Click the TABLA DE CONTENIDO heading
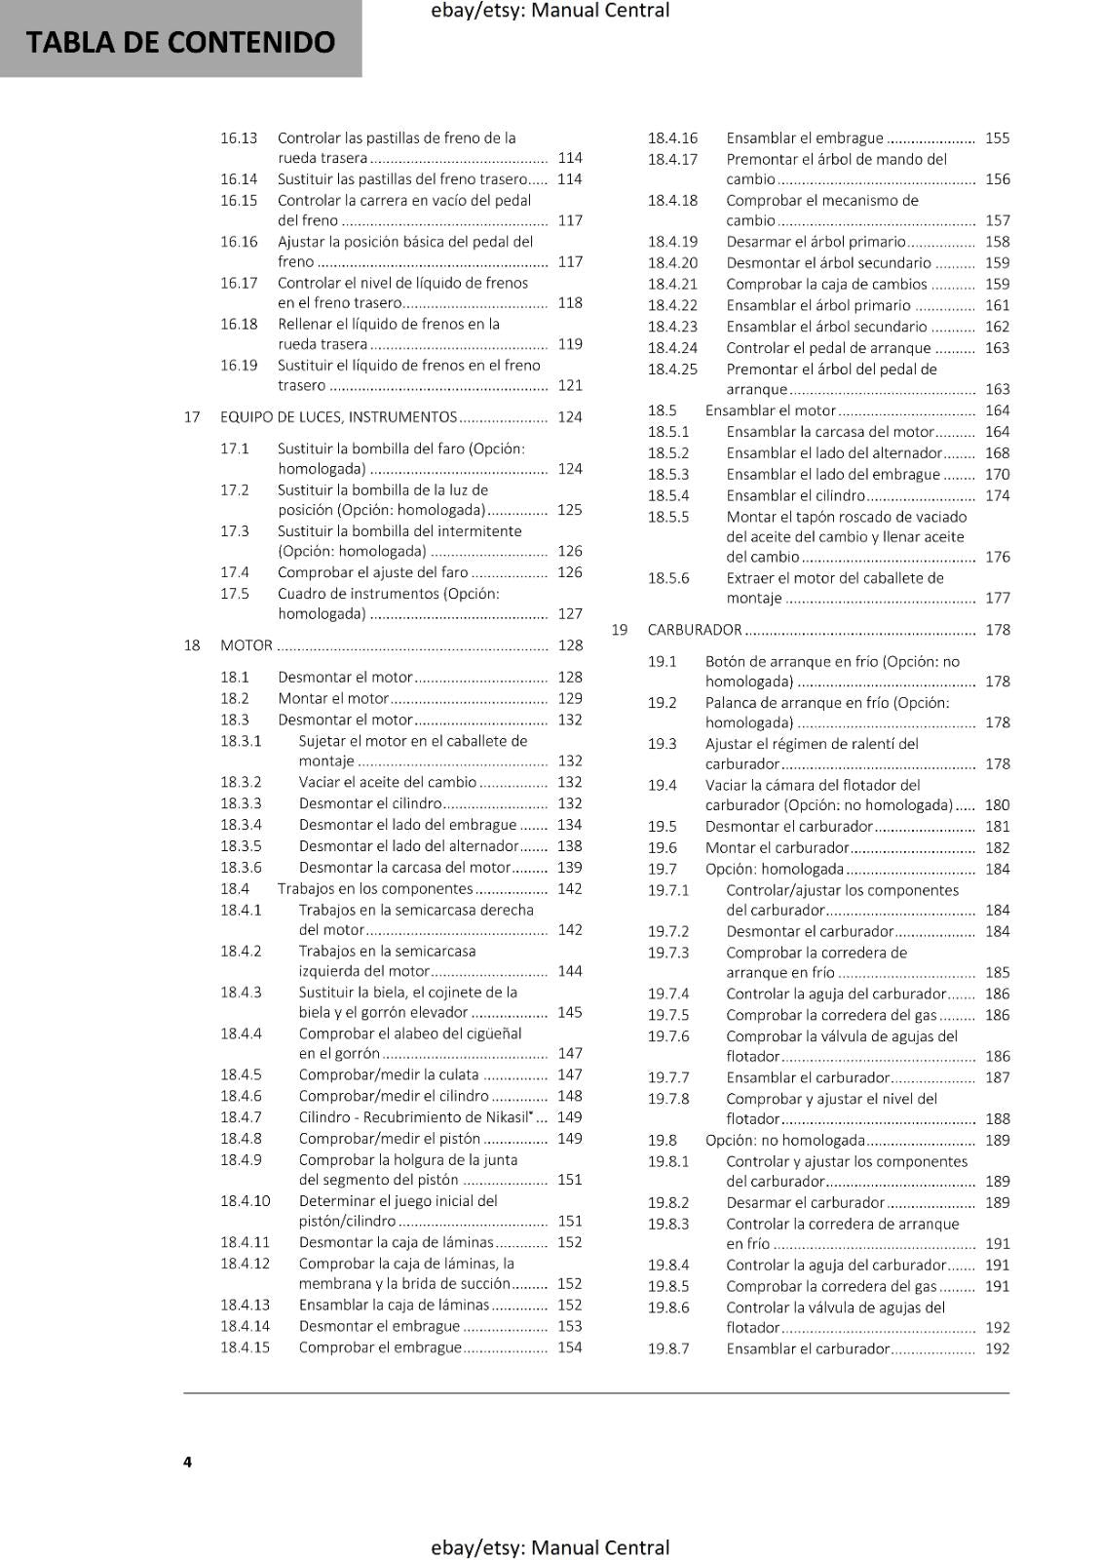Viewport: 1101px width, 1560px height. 180,42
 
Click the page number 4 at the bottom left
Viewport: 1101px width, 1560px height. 187,1462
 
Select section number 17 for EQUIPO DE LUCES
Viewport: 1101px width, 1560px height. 192,417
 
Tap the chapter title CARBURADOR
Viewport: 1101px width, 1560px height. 695,630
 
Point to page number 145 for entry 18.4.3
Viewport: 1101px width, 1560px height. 570,1012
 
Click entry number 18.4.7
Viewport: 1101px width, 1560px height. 241,1117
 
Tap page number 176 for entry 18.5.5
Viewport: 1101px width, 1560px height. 998,558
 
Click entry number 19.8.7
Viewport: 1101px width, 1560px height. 668,1349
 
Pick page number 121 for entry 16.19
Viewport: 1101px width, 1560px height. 570,386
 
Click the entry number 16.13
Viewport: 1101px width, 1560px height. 239,138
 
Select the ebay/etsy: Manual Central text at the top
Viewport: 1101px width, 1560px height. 550,11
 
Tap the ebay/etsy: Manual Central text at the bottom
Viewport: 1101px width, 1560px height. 550,1547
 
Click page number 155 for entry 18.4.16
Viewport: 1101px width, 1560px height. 998,138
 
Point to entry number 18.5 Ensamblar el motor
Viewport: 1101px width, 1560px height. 663,410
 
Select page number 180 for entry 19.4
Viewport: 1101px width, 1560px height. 998,805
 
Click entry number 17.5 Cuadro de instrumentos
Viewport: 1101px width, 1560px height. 235,594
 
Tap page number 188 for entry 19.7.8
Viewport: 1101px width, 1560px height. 998,1119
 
